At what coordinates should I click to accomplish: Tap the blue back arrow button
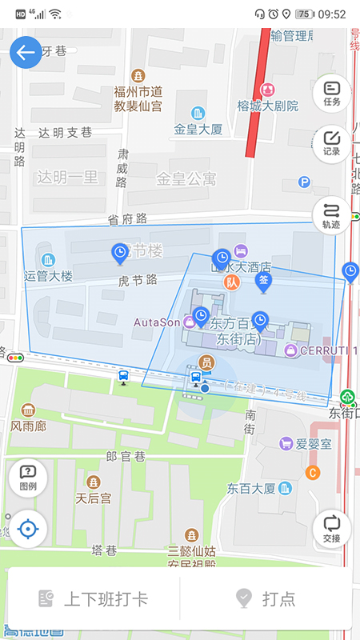26,53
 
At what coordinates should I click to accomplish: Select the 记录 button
332,143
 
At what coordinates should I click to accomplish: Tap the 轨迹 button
332,215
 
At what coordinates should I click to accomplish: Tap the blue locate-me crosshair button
28,529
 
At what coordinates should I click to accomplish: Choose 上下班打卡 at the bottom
94,598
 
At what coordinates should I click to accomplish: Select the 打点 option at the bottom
266,598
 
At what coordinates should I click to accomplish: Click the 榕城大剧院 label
267,105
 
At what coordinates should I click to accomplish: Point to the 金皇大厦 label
198,128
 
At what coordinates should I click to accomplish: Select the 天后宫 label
93,497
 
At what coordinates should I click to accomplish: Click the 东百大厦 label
251,488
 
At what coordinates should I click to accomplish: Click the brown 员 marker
206,362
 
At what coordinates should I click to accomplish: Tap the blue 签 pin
263,281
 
